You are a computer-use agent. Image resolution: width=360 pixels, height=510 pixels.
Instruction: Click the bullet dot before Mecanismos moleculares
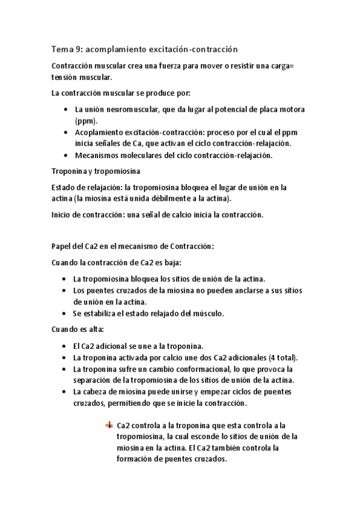[x=65, y=155]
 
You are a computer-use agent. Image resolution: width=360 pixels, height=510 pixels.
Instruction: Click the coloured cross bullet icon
[x=109, y=425]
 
